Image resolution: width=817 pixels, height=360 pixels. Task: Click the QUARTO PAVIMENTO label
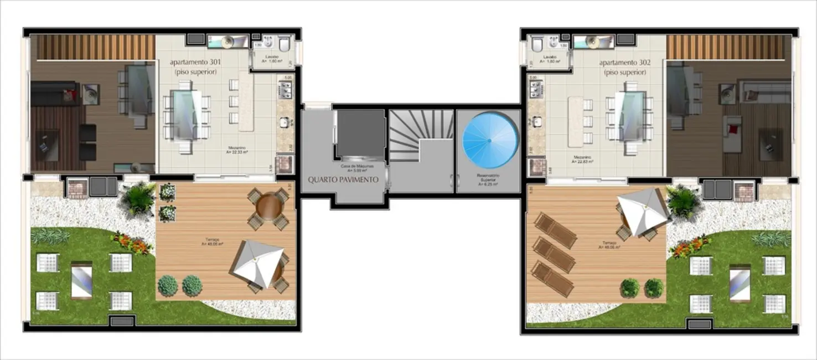pos(343,179)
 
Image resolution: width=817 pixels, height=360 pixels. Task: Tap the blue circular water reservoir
pos(490,140)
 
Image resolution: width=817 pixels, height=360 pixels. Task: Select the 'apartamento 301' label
pos(193,63)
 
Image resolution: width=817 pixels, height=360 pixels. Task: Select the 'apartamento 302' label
pos(625,63)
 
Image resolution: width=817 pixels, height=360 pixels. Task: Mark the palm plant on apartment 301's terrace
pos(139,198)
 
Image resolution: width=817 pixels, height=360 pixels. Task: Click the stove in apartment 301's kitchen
pos(285,89)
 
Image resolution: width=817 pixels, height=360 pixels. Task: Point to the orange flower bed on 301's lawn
pos(132,243)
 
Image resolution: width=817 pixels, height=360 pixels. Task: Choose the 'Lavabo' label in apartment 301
pos(271,57)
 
